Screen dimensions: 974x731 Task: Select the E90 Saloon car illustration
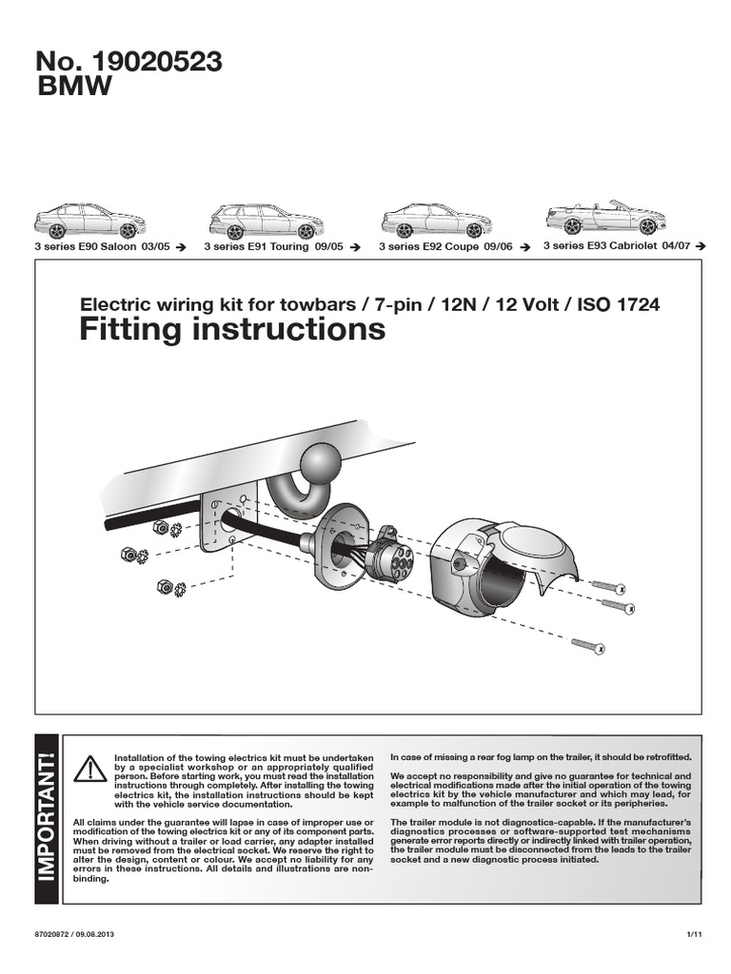[89, 221]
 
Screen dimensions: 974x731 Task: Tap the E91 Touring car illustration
[264, 221]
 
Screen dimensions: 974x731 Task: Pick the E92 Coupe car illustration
[437, 221]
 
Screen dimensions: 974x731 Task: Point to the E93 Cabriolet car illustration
[605, 218]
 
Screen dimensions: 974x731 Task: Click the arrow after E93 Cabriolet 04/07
[701, 245]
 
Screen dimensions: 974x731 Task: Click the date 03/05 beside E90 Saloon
[154, 246]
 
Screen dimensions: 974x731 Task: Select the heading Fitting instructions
[232, 330]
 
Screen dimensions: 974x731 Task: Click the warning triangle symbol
[90, 767]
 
